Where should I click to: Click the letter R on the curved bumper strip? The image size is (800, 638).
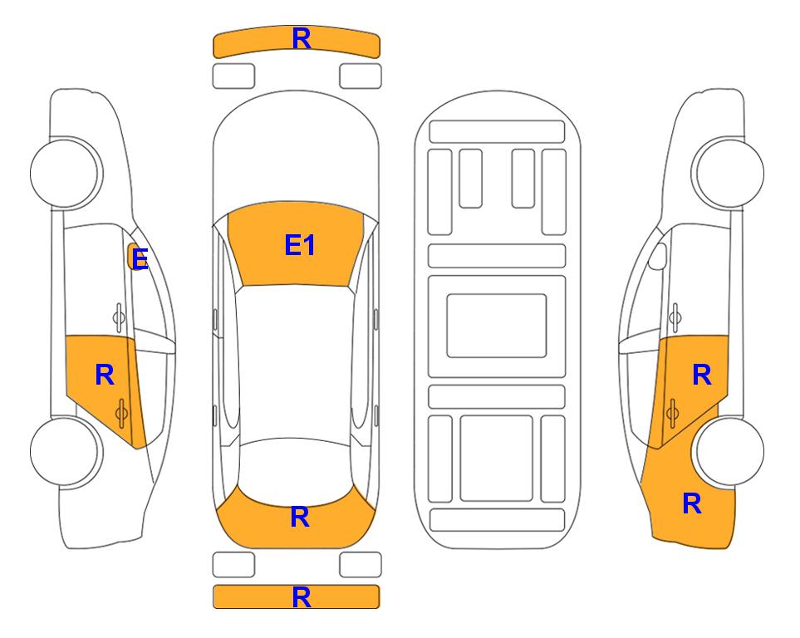pyautogui.click(x=302, y=39)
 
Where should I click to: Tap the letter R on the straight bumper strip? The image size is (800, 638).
pyautogui.click(x=302, y=597)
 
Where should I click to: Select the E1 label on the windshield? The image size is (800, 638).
pyautogui.click(x=300, y=245)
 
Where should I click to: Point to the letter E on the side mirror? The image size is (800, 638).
pyautogui.click(x=140, y=259)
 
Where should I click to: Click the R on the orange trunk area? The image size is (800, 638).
pyautogui.click(x=300, y=517)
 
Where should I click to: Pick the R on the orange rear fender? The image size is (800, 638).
pyautogui.click(x=692, y=503)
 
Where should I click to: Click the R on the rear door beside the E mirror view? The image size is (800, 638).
pyautogui.click(x=105, y=375)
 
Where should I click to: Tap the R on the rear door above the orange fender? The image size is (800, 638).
pyautogui.click(x=701, y=375)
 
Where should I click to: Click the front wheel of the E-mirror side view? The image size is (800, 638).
pyautogui.click(x=66, y=173)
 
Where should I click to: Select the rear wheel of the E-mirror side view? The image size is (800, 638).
pyautogui.click(x=66, y=451)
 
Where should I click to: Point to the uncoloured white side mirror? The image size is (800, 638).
pyautogui.click(x=657, y=256)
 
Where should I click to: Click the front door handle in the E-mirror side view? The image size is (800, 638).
pyautogui.click(x=119, y=317)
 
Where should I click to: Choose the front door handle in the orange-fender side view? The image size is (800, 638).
pyautogui.click(x=675, y=317)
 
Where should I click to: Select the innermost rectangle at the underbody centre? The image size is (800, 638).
pyautogui.click(x=497, y=326)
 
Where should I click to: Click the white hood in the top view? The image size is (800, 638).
pyautogui.click(x=296, y=148)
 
